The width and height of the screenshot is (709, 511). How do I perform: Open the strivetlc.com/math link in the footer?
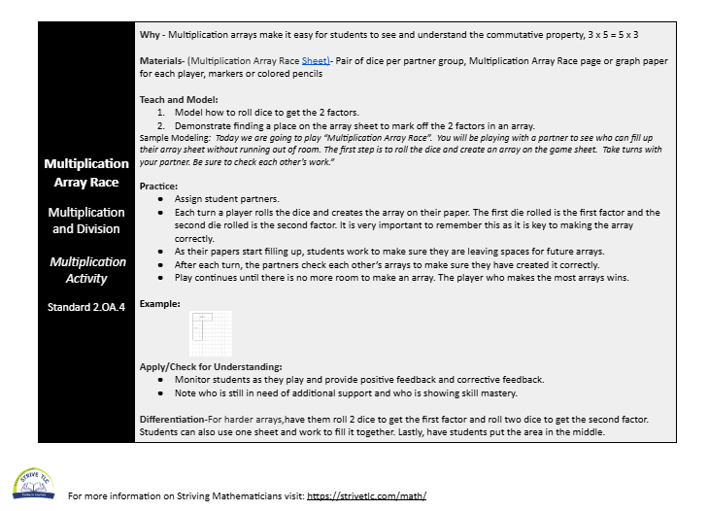click(x=366, y=496)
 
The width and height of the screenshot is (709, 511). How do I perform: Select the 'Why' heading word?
click(x=150, y=35)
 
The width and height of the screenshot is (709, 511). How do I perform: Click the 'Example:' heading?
click(x=160, y=303)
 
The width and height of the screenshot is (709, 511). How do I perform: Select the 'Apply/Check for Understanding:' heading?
click(x=211, y=366)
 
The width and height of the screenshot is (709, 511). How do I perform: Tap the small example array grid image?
click(x=211, y=333)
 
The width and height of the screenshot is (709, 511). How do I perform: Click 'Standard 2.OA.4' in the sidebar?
click(x=86, y=307)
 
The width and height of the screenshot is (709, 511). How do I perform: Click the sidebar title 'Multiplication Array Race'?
click(x=86, y=172)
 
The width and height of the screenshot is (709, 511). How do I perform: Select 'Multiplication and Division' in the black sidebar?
click(x=86, y=221)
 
